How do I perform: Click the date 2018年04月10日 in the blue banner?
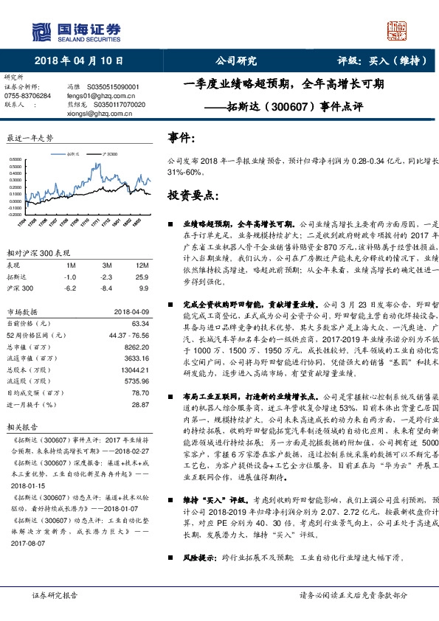[x=78, y=60]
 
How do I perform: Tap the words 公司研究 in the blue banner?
[x=235, y=60]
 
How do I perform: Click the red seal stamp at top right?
[x=398, y=30]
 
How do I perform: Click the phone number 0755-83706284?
[x=28, y=96]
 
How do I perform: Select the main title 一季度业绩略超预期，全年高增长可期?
[x=283, y=84]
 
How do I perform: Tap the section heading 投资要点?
[x=192, y=195]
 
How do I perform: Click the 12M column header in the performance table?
[x=143, y=265]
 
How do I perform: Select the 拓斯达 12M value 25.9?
[x=143, y=276]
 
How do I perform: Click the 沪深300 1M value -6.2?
[x=70, y=288]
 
